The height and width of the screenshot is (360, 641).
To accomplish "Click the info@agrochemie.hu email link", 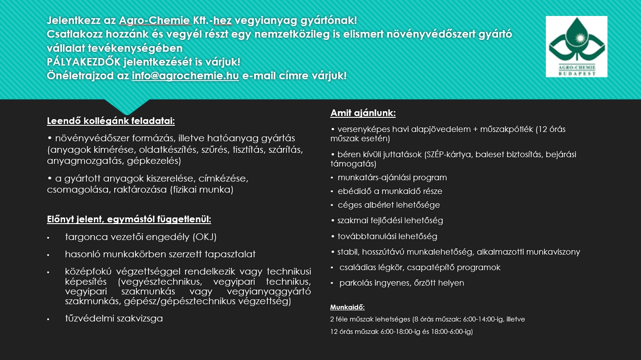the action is pos(185,76).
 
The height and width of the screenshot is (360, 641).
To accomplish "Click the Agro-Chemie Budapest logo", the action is pos(577,46).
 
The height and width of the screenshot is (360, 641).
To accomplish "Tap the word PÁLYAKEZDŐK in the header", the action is pos(84,62).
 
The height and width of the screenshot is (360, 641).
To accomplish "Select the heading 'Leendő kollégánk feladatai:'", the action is pos(111,121).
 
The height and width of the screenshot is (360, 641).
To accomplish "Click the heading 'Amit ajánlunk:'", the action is pos(363,113).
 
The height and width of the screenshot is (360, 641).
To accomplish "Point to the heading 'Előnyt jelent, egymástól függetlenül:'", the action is pos(129,220).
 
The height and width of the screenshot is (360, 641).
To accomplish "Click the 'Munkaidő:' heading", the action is pos(348,307).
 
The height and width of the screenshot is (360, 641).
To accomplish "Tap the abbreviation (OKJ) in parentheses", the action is pos(205,237).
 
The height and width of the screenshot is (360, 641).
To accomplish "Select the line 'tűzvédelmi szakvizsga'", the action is pos(114,318).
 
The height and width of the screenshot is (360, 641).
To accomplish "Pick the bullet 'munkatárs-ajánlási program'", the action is pos(392,178).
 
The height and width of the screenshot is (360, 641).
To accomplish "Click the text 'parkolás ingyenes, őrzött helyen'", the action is pos(402,283).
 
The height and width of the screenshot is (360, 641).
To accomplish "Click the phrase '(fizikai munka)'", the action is pos(202,190).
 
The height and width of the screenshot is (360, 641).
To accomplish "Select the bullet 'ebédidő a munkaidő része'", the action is pos(390,191).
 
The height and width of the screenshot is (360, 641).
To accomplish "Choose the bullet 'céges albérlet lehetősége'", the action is pos(389,205).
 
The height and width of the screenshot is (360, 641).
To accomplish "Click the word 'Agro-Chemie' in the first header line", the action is pos(154,20).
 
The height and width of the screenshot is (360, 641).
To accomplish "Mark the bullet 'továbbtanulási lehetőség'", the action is pos(387,236).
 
